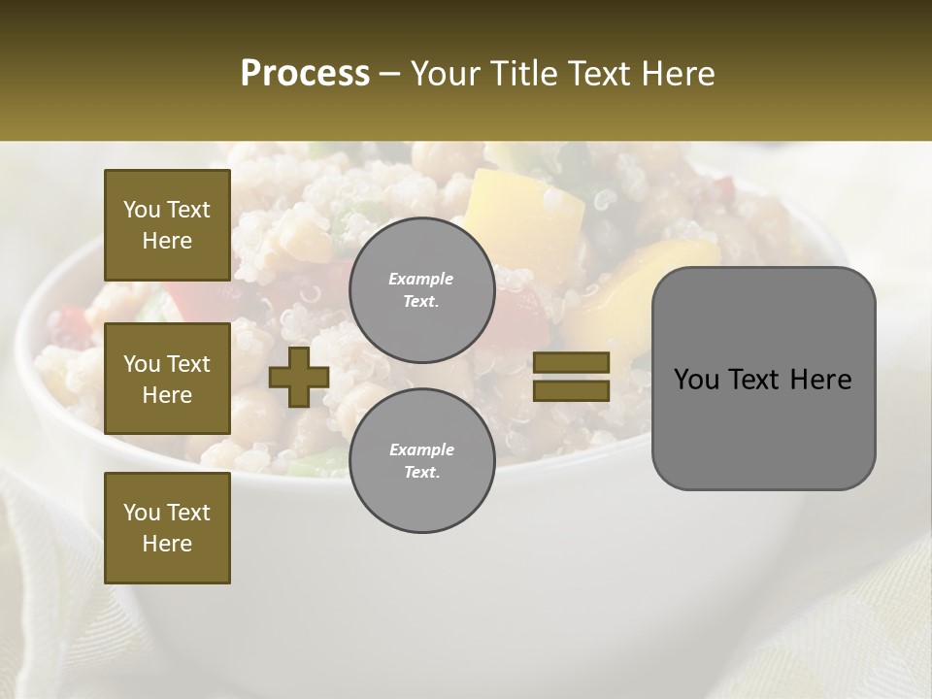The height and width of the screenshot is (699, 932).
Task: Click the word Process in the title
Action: click(305, 74)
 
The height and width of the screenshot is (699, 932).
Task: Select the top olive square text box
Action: click(167, 225)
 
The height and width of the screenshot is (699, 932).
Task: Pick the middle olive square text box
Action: click(167, 379)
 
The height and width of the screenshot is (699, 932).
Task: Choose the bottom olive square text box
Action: click(167, 528)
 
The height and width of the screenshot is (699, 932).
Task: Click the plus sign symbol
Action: click(299, 378)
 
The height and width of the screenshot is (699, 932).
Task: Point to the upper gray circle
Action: click(421, 290)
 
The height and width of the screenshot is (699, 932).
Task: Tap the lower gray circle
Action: click(421, 461)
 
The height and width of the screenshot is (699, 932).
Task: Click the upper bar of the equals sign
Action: click(571, 363)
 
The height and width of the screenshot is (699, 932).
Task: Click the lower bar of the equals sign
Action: click(571, 390)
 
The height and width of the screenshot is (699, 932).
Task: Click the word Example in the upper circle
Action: click(420, 279)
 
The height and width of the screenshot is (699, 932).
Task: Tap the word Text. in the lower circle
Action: click(421, 473)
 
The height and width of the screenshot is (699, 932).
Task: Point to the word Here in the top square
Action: click(167, 241)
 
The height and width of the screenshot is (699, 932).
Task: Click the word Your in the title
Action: click(446, 74)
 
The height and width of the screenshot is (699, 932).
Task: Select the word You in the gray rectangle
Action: click(696, 380)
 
